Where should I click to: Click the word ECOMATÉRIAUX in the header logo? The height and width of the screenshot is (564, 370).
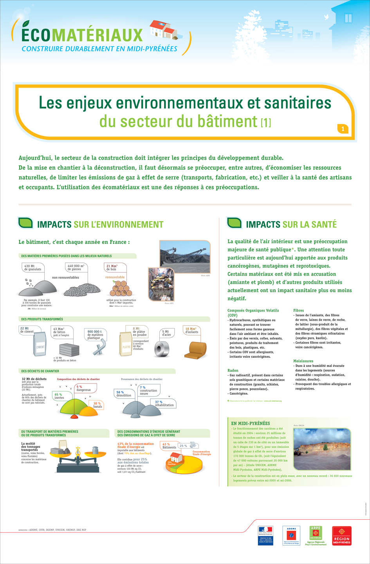pos(82,35)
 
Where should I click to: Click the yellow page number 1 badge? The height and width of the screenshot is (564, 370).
pos(343,129)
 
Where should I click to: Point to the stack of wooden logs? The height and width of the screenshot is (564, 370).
pos(120,289)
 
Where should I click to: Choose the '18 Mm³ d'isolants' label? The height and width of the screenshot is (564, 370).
pos(192,330)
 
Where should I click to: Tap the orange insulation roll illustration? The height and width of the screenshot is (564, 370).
pos(195,350)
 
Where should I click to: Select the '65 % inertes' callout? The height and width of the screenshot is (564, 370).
pos(59,396)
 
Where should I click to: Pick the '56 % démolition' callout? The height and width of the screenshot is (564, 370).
pos(124,393)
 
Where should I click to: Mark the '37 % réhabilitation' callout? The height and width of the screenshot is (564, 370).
pos(164,404)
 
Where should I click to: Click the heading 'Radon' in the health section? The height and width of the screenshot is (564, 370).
pos(233,370)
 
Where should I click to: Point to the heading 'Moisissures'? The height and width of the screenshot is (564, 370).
pos(303,361)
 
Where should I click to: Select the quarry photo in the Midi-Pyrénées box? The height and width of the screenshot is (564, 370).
pos(322,449)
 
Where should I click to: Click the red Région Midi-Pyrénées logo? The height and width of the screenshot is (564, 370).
pos(341,536)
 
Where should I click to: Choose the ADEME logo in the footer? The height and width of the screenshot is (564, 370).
pos(291,535)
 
